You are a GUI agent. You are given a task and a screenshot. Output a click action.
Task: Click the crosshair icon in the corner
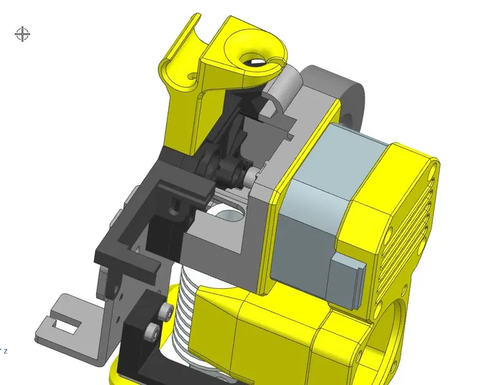pos(22,34)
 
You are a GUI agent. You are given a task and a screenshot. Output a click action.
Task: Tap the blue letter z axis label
pos(6,351)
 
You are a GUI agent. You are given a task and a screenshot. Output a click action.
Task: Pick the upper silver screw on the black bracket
pos(166,312)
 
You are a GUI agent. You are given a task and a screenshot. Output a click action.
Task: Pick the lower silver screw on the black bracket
pos(151,333)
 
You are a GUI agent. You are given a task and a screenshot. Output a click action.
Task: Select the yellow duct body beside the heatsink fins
pos(246,333)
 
